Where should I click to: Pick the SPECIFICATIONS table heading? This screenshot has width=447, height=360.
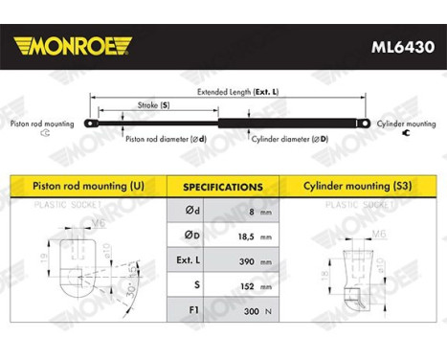click(222, 187)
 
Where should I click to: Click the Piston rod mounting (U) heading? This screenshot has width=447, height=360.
click(90, 186)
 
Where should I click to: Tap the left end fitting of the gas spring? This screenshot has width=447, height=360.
click(87, 123)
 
